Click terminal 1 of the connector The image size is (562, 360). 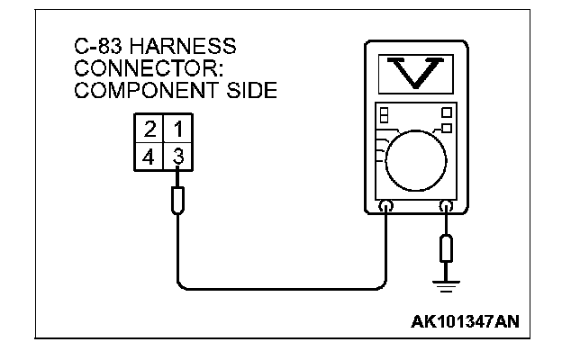[x=179, y=131]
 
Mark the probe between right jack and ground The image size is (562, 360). [x=445, y=247]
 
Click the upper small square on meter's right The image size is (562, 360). [x=446, y=112]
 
